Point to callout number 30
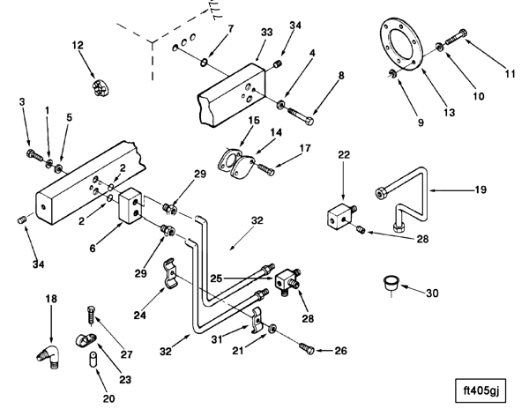point(431,293)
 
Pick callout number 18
point(51,300)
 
